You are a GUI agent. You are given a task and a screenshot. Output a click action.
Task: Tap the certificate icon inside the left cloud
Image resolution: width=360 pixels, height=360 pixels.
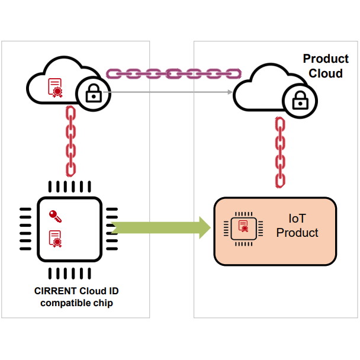55,88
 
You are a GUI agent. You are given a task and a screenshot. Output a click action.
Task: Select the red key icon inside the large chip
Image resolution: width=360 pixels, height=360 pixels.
55,216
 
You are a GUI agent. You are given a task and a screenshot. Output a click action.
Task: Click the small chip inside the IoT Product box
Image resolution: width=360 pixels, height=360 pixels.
243,227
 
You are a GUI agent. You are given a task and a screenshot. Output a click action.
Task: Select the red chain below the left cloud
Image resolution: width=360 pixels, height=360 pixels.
70,141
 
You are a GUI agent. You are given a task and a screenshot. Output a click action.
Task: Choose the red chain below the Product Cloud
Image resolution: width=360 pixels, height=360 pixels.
281,152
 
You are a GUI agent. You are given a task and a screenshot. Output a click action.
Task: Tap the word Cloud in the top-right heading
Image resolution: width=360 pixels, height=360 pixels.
326,73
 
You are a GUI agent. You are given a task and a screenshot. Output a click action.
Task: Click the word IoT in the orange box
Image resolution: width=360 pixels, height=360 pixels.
297,218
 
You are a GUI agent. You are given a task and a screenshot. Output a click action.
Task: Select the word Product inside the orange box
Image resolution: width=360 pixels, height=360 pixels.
297,233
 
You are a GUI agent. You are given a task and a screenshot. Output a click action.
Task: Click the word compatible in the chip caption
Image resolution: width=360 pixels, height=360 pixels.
62,303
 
